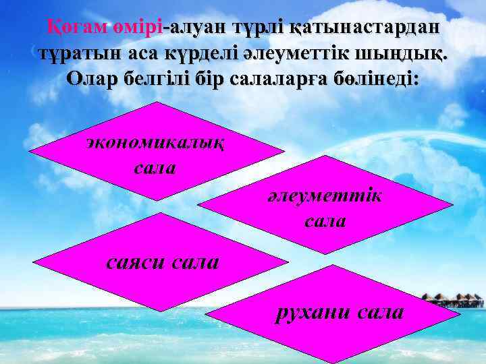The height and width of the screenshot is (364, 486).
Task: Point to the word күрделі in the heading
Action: (209, 53)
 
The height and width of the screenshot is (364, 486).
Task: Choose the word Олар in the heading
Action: (94, 79)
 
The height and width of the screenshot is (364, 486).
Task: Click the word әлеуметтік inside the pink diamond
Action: (325, 195)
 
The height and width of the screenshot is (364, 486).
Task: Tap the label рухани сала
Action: (338, 312)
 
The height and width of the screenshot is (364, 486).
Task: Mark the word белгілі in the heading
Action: (159, 79)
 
